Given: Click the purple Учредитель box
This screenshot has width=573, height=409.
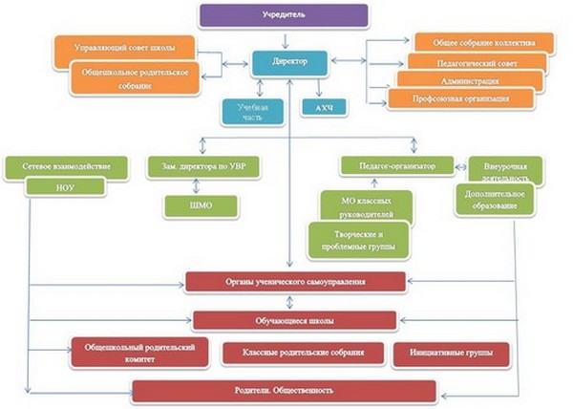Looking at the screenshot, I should (x=283, y=16).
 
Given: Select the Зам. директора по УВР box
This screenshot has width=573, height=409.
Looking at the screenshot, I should (x=203, y=166).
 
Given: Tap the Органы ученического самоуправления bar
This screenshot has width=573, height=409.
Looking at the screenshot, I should (x=289, y=282).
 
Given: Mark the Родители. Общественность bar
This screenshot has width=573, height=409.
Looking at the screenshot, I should (x=284, y=390).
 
